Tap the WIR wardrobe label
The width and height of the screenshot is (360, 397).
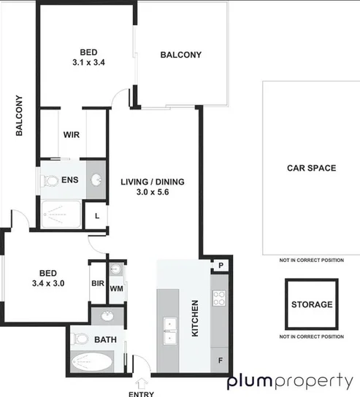point(72,135)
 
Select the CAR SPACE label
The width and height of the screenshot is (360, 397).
point(311,168)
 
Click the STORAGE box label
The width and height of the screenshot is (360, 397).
point(312,304)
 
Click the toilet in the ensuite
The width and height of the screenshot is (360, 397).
point(50,180)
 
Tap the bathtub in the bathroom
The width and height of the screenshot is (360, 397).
point(91,361)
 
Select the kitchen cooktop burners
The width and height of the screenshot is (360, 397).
point(220,297)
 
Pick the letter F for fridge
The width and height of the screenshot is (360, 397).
point(221,361)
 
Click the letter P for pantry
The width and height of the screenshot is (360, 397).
point(220,266)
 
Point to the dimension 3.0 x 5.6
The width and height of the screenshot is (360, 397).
point(153,193)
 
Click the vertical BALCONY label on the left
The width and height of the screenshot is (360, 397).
point(20,116)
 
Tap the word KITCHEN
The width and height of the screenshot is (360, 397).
point(195,317)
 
